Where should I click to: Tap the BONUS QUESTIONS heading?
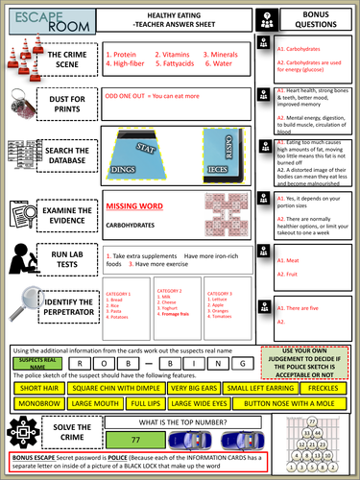click(x=323, y=19)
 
